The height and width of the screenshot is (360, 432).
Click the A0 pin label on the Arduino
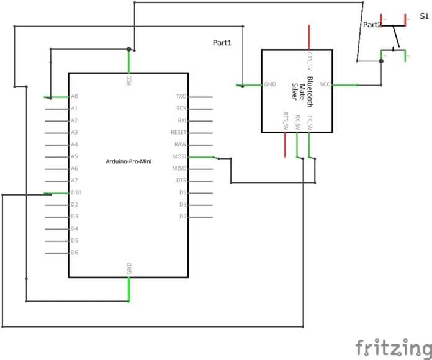tap(74, 97)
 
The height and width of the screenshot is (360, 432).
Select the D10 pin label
tap(76, 192)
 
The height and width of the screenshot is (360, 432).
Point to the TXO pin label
tap(181, 97)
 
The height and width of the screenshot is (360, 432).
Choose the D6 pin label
tap(74, 253)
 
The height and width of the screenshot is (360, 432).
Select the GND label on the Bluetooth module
tap(270, 84)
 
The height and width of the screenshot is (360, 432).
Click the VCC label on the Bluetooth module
tap(325, 84)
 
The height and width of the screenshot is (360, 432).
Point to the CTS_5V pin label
tap(310, 63)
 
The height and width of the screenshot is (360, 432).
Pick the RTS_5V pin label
tap(286, 121)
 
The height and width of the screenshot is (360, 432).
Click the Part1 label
tap(222, 43)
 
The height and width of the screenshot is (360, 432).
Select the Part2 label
tap(372, 25)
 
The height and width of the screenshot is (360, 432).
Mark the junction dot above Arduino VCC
tap(128, 48)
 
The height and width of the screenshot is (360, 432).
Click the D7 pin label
tap(182, 217)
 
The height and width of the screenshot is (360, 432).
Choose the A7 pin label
tap(74, 181)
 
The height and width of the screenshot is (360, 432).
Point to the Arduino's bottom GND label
tap(129, 268)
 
